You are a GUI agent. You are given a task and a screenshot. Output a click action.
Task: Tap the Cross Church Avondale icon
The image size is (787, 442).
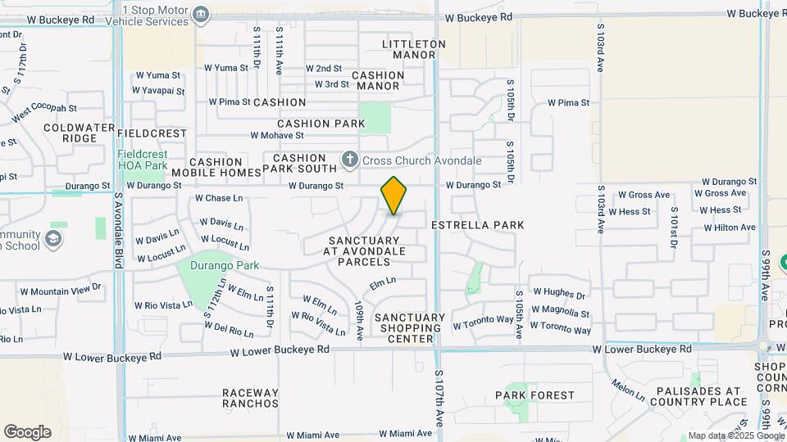[x=350, y=159]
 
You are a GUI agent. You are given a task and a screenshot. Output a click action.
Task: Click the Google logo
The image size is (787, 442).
[x=27, y=432]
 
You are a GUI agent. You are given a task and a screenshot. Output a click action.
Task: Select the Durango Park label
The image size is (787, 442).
[x=225, y=265]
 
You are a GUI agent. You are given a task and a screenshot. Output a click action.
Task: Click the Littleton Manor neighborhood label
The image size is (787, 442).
[x=414, y=49]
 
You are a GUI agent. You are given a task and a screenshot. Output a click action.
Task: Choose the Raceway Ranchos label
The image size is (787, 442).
[x=251, y=398]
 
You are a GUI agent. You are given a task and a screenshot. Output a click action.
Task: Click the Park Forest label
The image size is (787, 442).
[x=535, y=395]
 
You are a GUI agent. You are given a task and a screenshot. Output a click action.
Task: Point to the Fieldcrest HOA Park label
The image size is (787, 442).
[x=143, y=160]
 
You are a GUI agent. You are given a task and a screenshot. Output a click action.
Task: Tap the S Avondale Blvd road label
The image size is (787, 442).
[x=118, y=224]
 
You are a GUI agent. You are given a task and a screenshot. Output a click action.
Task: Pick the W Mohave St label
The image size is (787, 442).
[x=277, y=135]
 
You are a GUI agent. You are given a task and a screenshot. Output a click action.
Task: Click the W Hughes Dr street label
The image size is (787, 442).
[x=560, y=293]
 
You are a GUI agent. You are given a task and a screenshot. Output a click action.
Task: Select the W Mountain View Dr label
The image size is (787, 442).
[x=55, y=289]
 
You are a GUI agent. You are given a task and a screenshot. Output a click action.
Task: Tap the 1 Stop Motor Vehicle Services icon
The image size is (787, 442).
[x=201, y=14]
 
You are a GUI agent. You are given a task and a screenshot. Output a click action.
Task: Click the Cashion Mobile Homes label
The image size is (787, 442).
[x=217, y=168]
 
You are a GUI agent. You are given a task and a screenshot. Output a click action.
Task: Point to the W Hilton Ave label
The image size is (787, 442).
[x=728, y=228]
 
